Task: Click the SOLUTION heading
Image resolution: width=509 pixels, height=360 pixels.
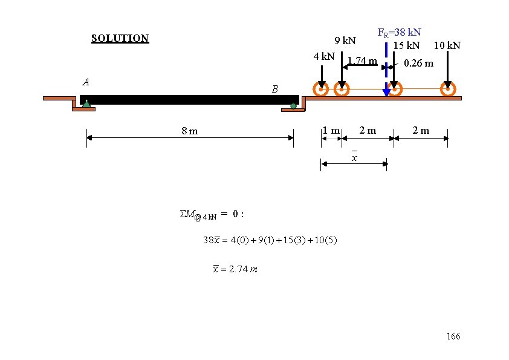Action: [120, 39]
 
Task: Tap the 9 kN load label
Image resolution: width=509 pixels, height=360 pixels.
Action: [345, 41]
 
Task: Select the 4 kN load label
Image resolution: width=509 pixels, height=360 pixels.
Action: [324, 56]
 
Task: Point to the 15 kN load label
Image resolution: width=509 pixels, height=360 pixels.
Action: [406, 45]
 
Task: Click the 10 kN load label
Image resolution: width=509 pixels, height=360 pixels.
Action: [447, 45]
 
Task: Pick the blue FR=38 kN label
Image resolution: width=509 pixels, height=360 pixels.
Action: [399, 33]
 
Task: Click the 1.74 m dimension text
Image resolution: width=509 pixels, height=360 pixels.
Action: [362, 61]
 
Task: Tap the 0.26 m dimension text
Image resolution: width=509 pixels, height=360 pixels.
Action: [418, 63]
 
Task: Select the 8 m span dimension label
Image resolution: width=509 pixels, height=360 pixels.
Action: [190, 131]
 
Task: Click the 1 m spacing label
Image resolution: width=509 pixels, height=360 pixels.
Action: [331, 131]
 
